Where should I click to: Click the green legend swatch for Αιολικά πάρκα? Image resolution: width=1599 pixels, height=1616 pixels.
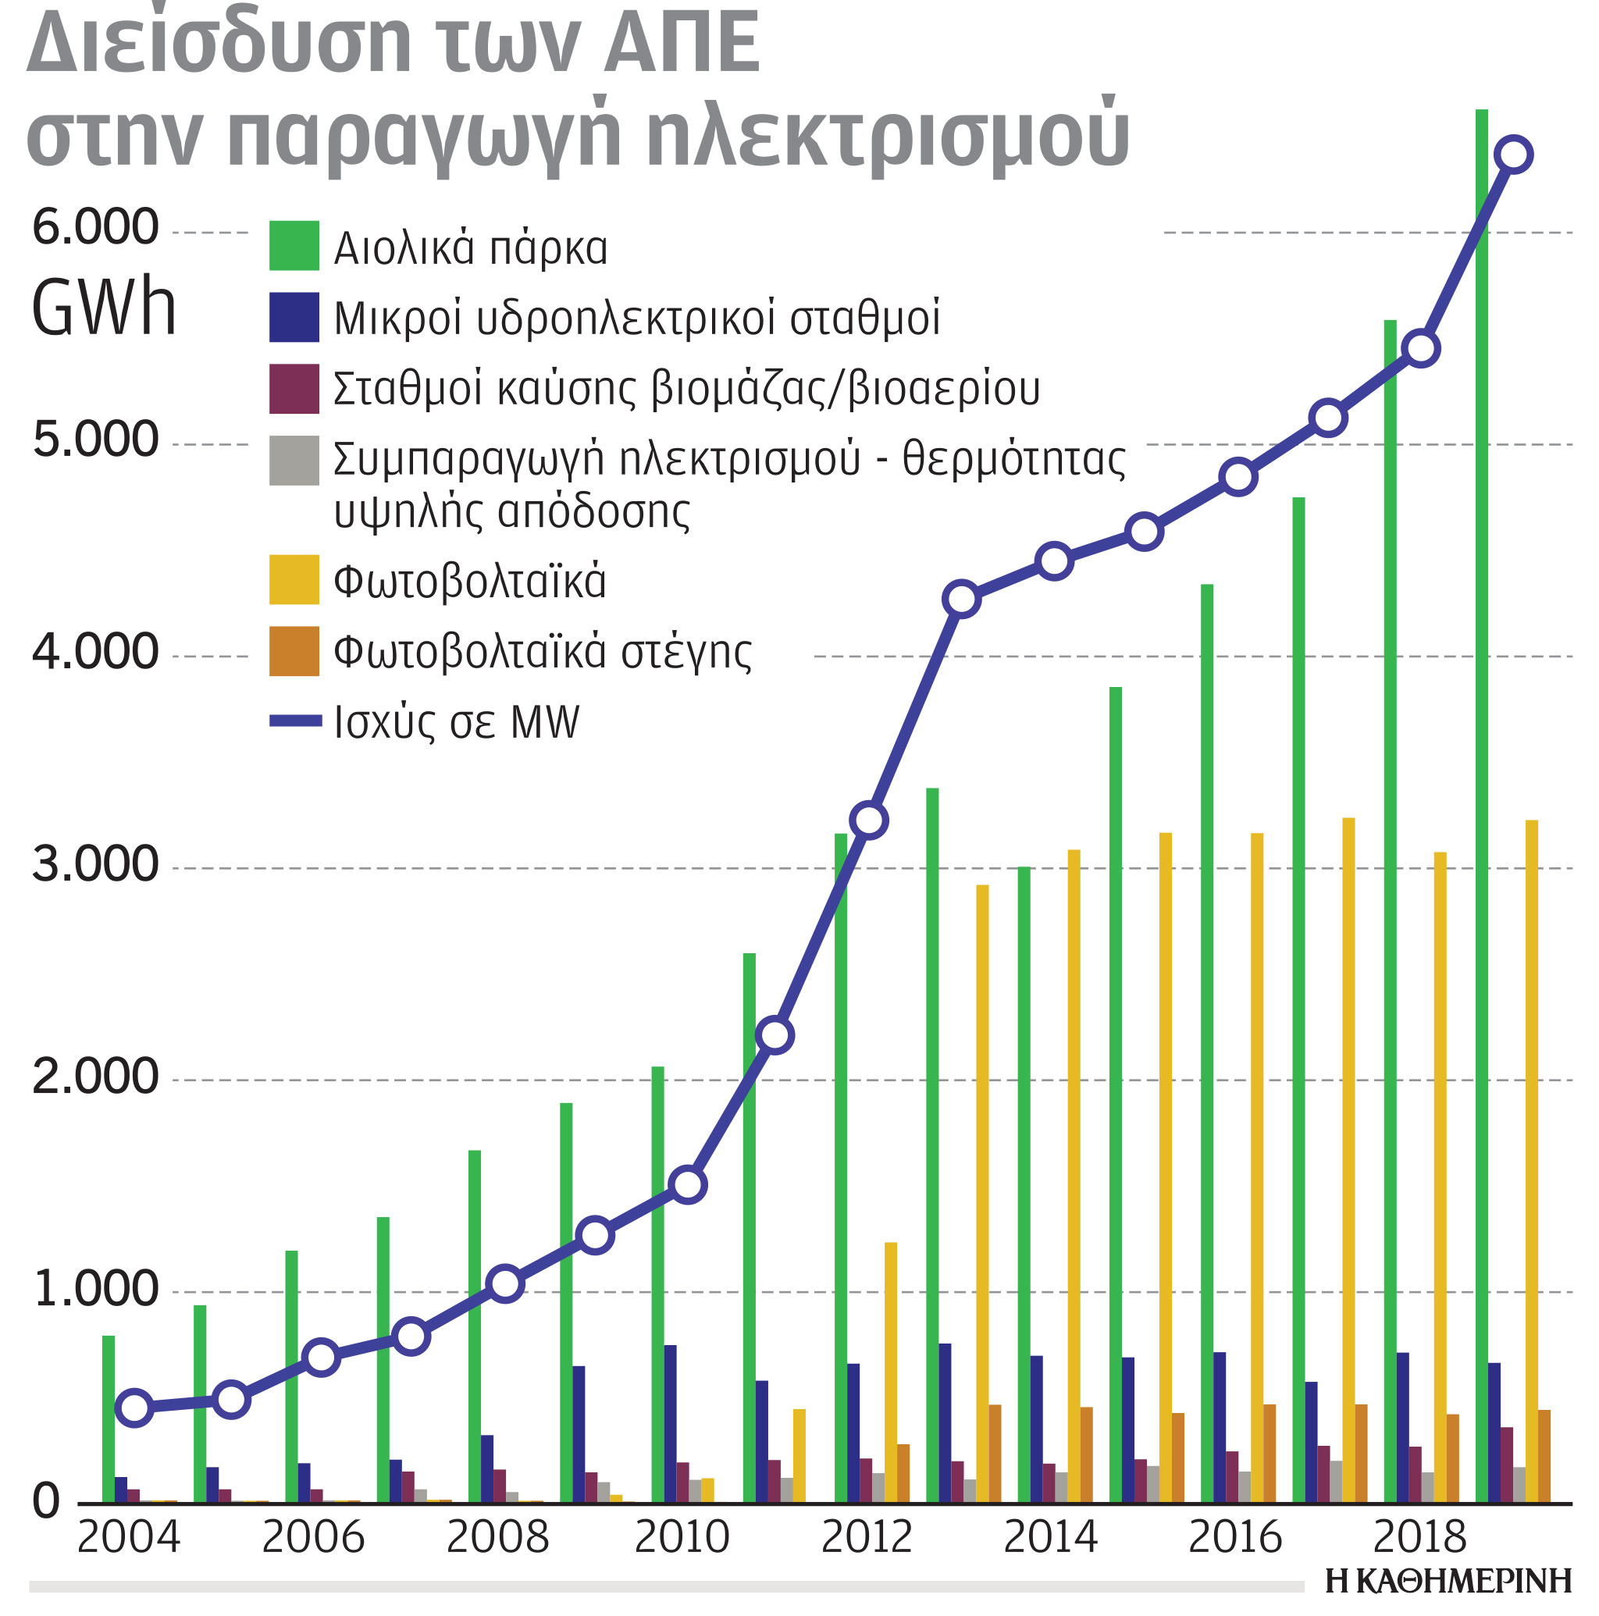[294, 245]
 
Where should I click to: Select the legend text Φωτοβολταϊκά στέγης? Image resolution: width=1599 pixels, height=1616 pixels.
[542, 652]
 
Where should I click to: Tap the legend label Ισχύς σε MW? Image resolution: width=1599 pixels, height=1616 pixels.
[456, 722]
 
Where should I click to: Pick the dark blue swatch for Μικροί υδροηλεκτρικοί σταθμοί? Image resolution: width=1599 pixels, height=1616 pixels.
[294, 317]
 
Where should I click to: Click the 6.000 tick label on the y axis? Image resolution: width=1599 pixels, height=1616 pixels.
[95, 226]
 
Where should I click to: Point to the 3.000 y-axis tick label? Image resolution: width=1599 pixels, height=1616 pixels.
[95, 864]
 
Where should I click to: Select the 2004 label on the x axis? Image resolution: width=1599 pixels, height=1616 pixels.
[128, 1537]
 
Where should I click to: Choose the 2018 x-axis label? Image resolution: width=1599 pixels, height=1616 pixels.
[1419, 1537]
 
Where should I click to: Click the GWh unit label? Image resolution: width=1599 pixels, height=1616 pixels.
[104, 308]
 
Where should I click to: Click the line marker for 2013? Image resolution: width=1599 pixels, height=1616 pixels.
[961, 599]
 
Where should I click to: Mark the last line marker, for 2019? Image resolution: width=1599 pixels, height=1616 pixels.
[1515, 155]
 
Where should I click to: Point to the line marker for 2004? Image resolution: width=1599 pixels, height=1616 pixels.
[135, 1408]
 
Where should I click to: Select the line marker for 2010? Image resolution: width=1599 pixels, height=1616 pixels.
[688, 1184]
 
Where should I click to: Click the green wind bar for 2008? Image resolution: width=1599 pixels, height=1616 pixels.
[475, 1326]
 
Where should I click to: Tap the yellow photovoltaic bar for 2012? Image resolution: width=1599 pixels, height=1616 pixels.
[890, 1372]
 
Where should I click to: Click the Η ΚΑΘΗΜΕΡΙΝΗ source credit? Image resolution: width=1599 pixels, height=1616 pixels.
[1448, 1581]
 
